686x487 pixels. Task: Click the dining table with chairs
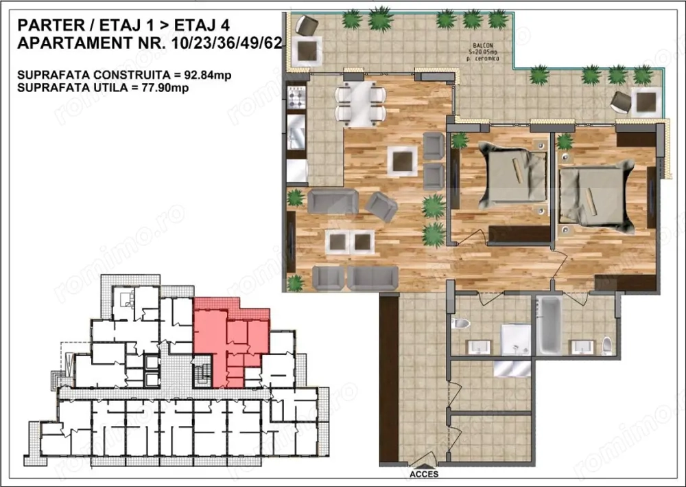[x=360, y=104]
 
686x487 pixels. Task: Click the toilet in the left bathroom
[x=461, y=323]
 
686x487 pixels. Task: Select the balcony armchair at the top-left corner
[x=306, y=26]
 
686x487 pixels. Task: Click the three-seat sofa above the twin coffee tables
[x=333, y=202]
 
